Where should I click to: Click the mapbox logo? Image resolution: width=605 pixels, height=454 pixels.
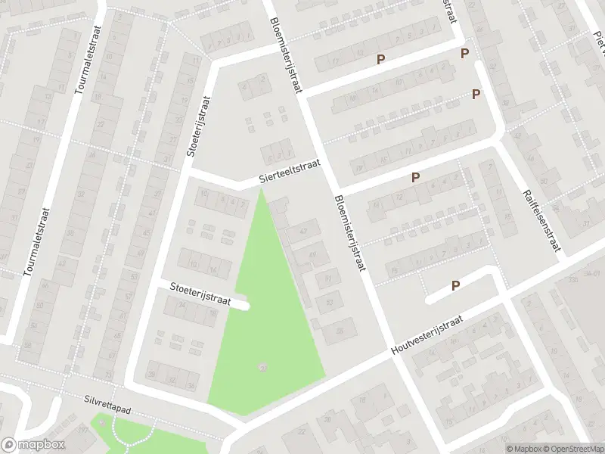[x=33, y=445]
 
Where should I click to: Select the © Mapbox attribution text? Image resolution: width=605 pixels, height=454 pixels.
[x=522, y=448]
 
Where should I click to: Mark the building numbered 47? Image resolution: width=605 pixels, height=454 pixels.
[x=304, y=231]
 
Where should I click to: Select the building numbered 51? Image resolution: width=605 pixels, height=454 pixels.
[x=328, y=279]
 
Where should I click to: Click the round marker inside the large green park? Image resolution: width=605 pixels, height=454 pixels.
[x=262, y=368]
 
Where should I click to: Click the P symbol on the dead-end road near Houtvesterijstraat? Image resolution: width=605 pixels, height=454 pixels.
[x=455, y=285]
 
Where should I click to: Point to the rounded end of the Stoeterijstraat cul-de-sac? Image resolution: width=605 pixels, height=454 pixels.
[x=245, y=305]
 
